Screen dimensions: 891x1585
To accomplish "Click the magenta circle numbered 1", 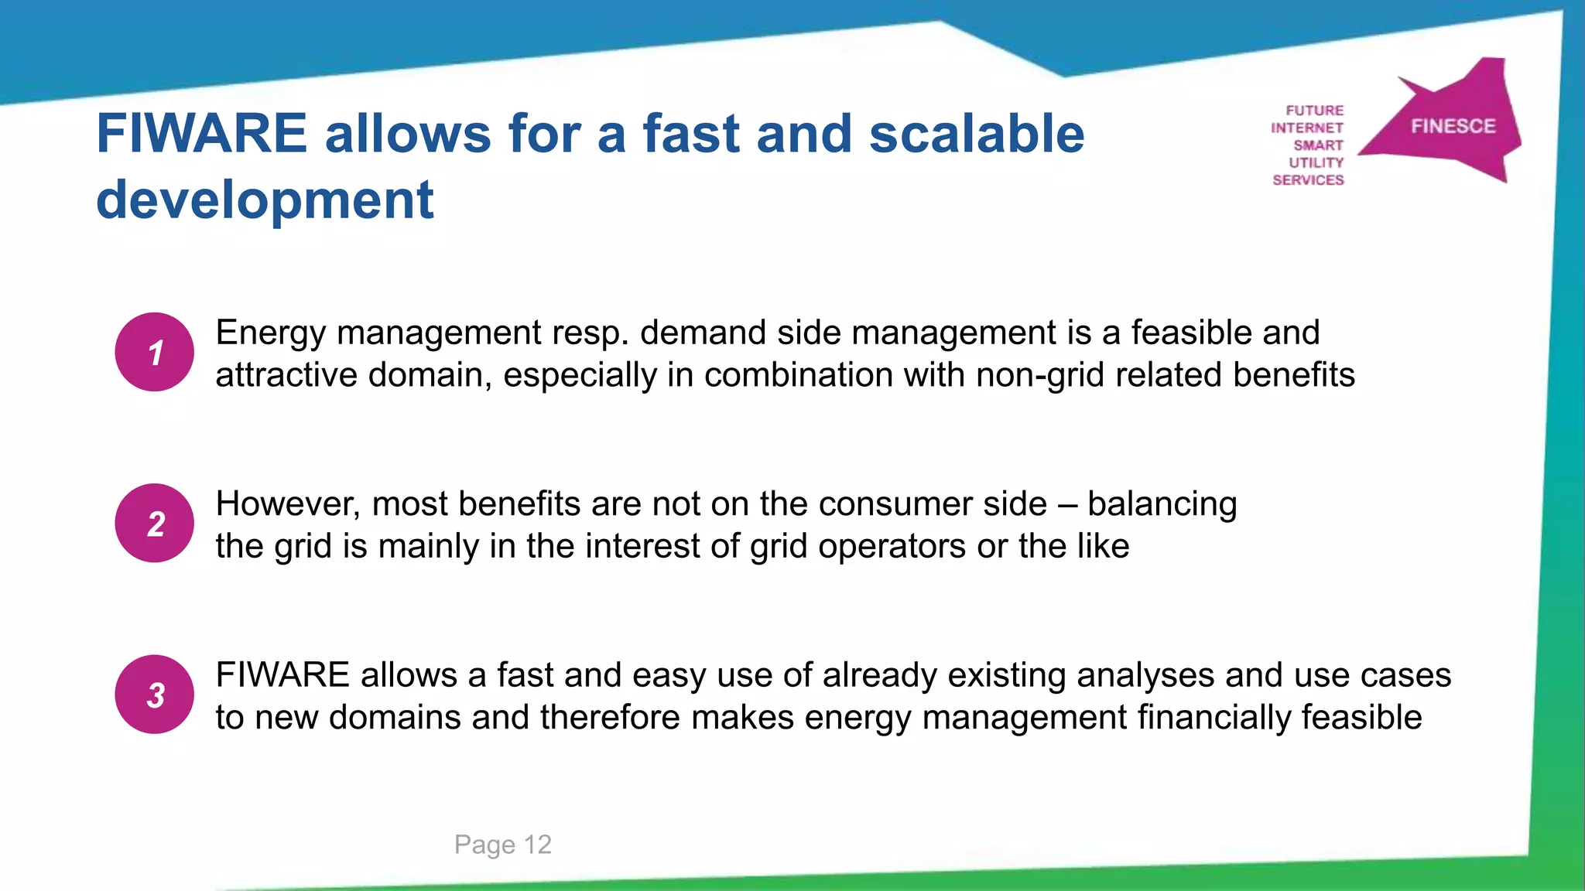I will click(x=155, y=352).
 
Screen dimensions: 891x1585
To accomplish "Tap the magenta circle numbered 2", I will click(x=155, y=524).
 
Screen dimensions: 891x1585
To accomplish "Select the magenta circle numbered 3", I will click(x=155, y=695).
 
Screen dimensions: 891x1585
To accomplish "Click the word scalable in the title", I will click(x=977, y=134).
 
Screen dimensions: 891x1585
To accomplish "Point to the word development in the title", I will click(x=265, y=200).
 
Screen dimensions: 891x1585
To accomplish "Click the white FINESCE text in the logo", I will click(x=1453, y=126).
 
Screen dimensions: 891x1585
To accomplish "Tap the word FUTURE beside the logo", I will click(x=1314, y=111).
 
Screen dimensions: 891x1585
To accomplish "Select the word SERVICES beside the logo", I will click(x=1308, y=180).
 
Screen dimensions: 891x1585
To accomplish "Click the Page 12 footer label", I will click(x=503, y=844).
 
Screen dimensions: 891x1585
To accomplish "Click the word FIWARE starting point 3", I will click(x=282, y=675).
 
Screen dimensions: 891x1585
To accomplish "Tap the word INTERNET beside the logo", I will click(x=1306, y=128).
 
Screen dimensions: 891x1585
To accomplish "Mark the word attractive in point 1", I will click(x=286, y=376).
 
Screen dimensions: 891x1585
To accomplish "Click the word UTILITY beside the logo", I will click(x=1316, y=163).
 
